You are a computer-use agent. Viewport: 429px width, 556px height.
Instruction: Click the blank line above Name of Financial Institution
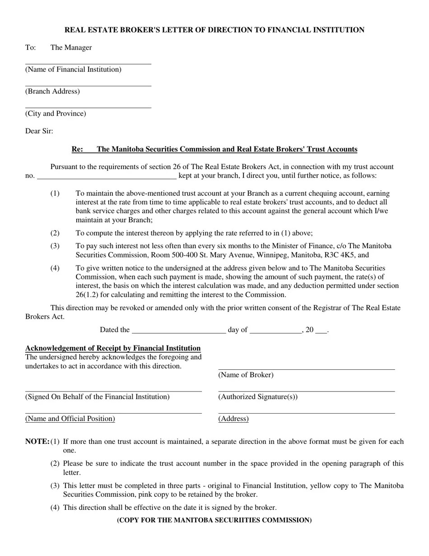[x=88, y=64]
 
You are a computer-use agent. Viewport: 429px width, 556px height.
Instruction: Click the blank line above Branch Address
[x=88, y=85]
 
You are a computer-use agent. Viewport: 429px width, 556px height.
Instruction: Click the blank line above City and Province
[x=88, y=108]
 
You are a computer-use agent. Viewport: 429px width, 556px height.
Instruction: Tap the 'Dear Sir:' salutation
[x=39, y=132]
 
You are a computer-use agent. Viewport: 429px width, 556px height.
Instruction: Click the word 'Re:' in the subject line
[x=77, y=150]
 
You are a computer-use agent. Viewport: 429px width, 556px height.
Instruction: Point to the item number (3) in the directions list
[x=55, y=246]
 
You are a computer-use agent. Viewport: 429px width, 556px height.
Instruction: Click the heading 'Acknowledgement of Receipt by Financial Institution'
[x=113, y=349]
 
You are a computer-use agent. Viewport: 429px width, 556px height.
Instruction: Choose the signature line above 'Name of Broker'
[x=306, y=369]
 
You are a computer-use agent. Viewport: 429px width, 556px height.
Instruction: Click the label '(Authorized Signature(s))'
[x=258, y=397]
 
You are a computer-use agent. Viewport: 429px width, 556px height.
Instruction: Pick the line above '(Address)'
[x=306, y=413]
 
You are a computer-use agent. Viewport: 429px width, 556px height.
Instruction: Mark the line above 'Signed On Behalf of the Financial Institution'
[x=113, y=391]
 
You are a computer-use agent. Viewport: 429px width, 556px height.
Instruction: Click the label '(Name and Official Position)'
[x=70, y=419]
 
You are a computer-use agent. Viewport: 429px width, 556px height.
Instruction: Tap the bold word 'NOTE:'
[x=37, y=442]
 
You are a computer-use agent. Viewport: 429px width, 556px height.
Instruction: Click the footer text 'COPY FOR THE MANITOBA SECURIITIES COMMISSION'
[x=214, y=520]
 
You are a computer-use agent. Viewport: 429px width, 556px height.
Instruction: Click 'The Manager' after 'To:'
[x=71, y=48]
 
